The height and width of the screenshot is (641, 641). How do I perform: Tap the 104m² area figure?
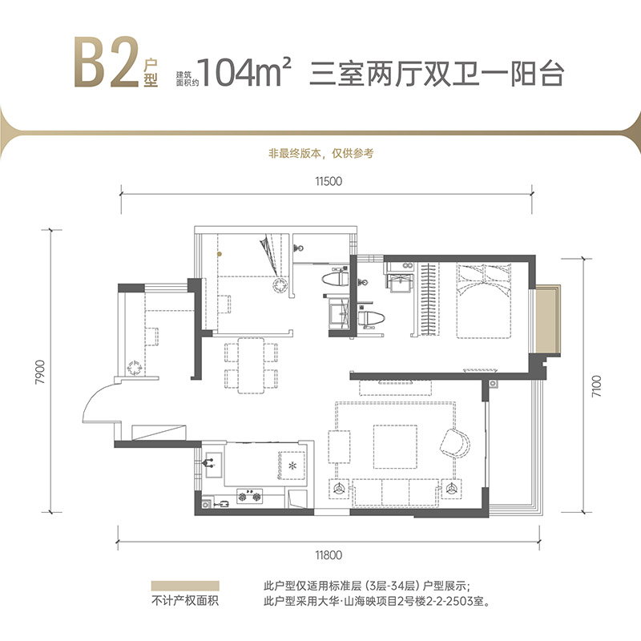click(x=246, y=73)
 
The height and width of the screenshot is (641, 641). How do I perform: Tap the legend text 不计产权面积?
click(x=185, y=603)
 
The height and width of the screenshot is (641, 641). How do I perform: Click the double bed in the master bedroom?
click(x=483, y=300)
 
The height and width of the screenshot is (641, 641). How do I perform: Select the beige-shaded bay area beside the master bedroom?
click(x=549, y=320)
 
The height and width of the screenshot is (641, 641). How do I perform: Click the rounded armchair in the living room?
click(x=458, y=442)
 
